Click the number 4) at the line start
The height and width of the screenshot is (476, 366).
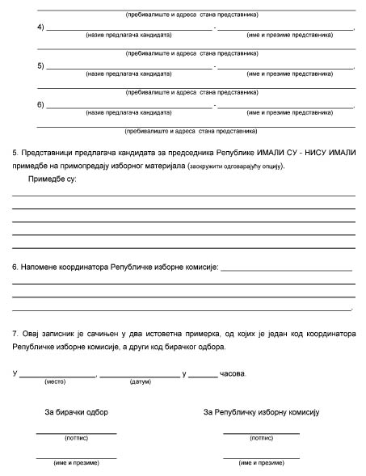click(x=40, y=27)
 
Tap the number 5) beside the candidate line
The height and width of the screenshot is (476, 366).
click(x=40, y=65)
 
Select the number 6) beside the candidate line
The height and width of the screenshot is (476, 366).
click(x=40, y=104)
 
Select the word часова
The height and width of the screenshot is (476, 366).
click(x=235, y=373)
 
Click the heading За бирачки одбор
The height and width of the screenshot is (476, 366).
click(x=76, y=412)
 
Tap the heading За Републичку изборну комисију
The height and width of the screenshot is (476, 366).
click(x=262, y=412)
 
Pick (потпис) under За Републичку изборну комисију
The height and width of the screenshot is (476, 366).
click(x=261, y=438)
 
